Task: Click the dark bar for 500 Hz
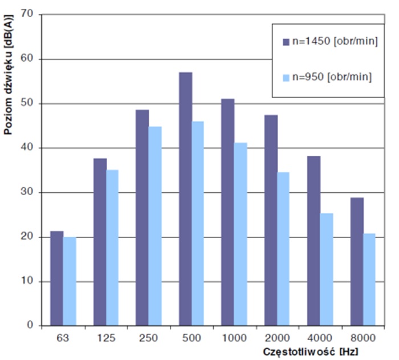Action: pyautogui.click(x=185, y=199)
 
